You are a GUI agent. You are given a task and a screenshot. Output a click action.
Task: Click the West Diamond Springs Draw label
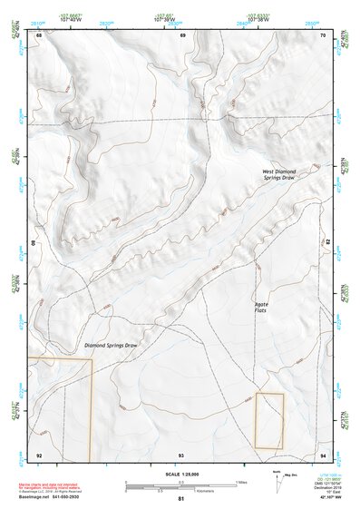278,174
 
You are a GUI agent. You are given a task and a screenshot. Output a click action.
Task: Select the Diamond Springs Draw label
111,346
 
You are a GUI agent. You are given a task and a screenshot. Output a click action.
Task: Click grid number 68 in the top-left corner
39,35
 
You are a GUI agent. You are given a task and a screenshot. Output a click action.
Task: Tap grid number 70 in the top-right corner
323,35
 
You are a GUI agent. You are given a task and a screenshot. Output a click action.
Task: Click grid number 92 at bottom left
39,454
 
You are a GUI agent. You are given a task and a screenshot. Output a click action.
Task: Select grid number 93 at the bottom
181,454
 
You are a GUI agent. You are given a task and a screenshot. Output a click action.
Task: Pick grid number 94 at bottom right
323,454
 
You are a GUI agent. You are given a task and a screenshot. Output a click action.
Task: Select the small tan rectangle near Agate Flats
269,420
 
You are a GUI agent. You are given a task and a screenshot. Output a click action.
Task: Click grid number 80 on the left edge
36,244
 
